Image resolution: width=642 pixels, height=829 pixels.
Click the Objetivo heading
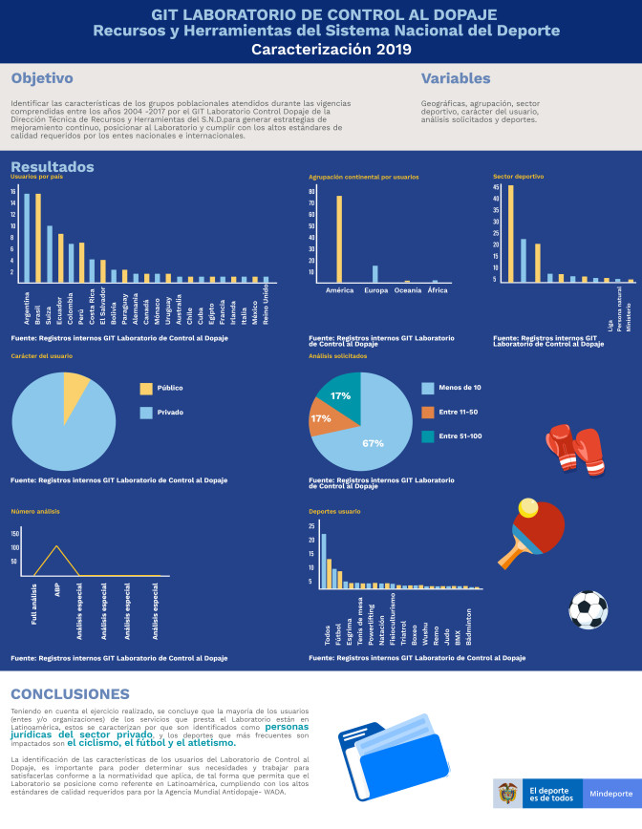point(43,79)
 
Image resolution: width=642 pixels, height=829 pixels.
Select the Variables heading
point(456,79)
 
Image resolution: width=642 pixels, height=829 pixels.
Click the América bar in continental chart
point(339,239)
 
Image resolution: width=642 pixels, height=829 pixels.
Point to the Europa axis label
point(375,290)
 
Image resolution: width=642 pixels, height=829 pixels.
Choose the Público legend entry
point(162,389)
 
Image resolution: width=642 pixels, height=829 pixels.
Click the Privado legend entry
point(162,413)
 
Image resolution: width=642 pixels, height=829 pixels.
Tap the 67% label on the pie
point(374,443)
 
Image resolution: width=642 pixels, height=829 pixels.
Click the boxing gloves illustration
point(573,447)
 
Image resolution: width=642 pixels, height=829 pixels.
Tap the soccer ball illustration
point(588,608)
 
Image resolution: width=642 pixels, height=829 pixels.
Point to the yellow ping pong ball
point(525,507)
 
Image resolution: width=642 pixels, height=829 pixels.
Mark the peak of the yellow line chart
point(57,546)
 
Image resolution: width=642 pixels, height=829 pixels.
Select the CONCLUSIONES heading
point(70,693)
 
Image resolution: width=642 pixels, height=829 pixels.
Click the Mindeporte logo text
point(610,794)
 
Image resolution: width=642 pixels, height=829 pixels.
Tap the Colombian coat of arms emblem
point(508,794)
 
